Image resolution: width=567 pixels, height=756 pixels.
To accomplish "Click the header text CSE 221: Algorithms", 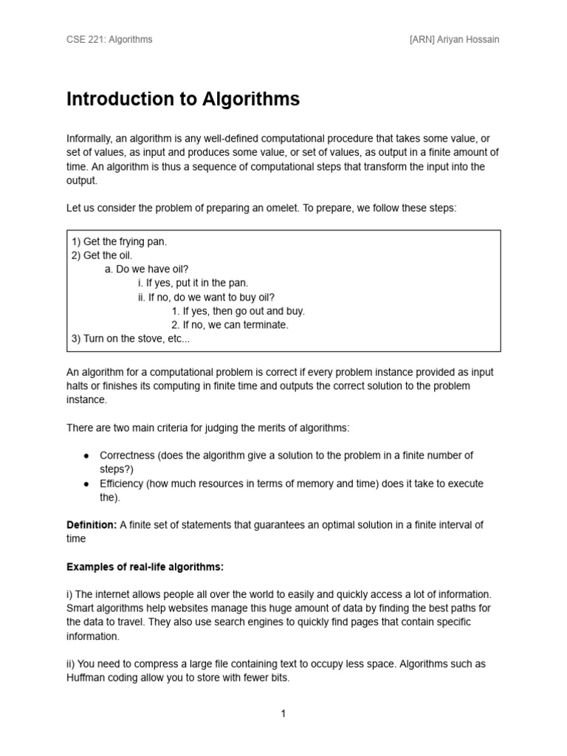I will pos(109,39).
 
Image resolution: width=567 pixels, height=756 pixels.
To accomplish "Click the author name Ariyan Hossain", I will pos(469,39).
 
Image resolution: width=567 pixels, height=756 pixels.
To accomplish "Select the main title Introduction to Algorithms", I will pos(183,100).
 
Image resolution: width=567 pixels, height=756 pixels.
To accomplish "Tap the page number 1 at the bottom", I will pos(283,713).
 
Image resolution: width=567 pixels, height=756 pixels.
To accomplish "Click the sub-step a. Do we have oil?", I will pos(151,269).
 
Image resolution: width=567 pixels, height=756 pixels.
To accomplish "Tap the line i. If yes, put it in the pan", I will pos(193,283).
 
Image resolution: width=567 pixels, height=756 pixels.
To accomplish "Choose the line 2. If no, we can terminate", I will pos(230,325).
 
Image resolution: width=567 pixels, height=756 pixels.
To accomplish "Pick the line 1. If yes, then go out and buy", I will pos(238,311).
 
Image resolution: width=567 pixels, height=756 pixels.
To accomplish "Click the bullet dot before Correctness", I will pos(86,456).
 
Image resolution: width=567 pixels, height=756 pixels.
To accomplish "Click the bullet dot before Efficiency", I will pos(86,484).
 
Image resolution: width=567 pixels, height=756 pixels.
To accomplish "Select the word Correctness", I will pos(127,456).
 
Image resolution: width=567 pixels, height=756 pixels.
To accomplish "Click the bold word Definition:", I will pos(92,525).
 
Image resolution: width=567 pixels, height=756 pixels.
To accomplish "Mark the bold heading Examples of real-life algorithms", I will pos(145,567).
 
